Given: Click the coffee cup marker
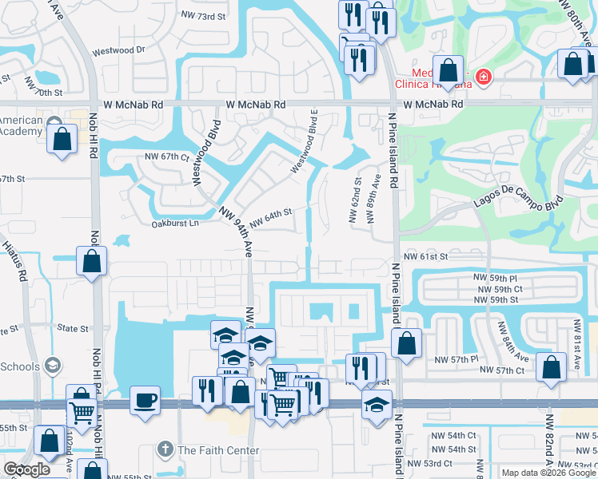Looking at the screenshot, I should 145,399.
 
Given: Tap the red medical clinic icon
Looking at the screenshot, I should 482,77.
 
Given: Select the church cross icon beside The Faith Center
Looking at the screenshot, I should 165,450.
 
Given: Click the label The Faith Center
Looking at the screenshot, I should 218,450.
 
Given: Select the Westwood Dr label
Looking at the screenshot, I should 118,49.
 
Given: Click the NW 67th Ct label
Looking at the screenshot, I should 165,156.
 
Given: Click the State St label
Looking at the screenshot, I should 73,328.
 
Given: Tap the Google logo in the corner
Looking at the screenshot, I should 26,469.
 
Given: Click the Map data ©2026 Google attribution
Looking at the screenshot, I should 548,473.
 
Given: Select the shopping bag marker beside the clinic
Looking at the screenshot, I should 448,69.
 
